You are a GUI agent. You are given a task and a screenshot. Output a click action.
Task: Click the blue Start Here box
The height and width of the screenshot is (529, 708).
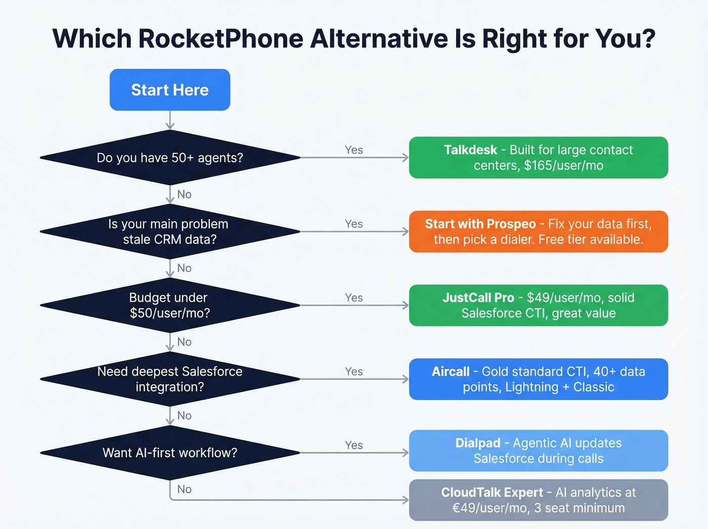coord(170,90)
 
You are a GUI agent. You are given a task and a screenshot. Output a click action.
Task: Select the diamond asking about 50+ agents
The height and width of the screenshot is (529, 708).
coord(170,158)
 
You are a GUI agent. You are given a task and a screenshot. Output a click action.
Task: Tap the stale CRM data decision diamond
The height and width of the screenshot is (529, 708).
coord(170,232)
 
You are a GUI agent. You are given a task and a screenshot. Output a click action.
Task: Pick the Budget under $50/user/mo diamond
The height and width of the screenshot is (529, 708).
coord(170,305)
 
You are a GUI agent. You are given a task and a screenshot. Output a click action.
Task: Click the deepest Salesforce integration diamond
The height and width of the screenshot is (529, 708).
coord(170,379)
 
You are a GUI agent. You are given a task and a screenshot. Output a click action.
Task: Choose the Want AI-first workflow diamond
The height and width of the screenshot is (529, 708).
coord(170,453)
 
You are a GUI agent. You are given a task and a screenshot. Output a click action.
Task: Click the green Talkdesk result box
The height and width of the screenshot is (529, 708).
coord(538,157)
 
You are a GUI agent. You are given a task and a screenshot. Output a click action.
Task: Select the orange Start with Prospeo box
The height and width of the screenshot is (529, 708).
coord(538,231)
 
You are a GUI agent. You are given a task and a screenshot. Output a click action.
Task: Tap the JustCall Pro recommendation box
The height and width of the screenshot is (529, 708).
coord(538,305)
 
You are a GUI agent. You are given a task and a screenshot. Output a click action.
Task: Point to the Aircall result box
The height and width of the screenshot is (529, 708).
coord(538,379)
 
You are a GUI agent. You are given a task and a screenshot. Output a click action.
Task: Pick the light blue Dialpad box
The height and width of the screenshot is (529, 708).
coord(538,451)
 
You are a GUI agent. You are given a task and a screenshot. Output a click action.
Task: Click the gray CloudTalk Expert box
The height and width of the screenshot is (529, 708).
coord(538,500)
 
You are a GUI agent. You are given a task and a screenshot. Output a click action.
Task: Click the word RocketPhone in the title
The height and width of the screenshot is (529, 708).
coord(221,38)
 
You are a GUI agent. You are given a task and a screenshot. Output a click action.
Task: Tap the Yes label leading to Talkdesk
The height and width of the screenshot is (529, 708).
coord(353,150)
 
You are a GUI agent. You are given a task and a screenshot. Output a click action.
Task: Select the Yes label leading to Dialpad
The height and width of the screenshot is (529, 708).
coord(353,445)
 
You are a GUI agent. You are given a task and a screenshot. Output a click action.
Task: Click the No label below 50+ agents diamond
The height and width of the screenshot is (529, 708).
coord(184,194)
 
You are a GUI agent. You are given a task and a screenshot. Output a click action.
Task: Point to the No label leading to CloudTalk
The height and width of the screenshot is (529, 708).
coord(184,489)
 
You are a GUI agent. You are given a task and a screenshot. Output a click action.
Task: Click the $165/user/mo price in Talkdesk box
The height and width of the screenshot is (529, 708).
coord(563,166)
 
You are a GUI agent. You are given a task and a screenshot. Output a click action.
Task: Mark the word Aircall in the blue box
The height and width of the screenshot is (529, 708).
coord(450,372)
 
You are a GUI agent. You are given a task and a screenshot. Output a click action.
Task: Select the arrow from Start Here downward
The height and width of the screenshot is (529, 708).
coord(170,120)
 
